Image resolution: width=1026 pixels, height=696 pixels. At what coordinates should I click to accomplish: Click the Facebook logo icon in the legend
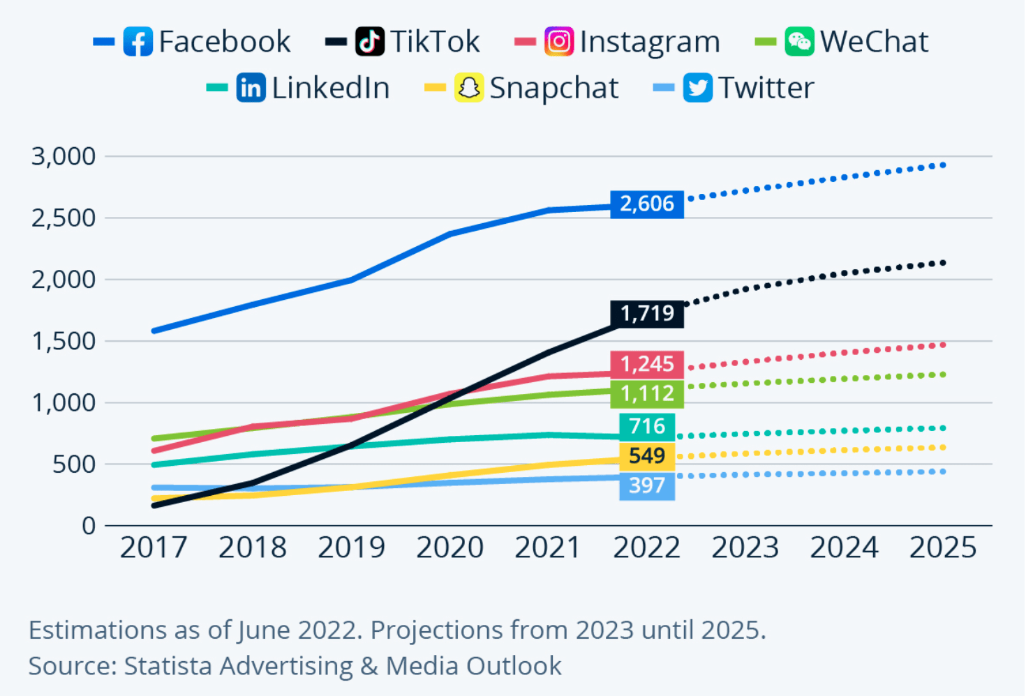pos(137,42)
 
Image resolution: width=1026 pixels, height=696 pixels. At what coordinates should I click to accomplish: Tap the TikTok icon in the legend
pos(370,42)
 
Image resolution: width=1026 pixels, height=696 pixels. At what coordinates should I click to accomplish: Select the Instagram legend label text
pos(650,42)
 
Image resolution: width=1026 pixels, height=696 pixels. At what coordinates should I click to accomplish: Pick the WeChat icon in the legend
pos(798,42)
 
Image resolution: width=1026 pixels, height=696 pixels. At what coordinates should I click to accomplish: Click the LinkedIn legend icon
pos(251,88)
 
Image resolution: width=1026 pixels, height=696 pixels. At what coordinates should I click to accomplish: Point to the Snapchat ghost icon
pos(469,88)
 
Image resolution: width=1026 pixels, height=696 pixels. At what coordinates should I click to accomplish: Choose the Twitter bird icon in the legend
pos(697,88)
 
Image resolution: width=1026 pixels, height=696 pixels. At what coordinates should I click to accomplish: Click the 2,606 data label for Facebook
pos(646,204)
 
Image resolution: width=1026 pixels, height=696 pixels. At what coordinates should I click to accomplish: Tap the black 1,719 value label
pos(646,313)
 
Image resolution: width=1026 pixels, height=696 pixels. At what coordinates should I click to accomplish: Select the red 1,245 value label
pos(646,364)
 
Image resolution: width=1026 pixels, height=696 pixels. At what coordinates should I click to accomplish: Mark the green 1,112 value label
pos(646,394)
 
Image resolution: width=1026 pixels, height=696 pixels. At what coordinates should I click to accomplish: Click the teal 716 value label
pos(646,425)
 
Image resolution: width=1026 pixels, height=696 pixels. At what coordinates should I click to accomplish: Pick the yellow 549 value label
pos(646,455)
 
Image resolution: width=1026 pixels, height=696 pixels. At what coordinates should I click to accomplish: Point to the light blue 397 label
pos(646,485)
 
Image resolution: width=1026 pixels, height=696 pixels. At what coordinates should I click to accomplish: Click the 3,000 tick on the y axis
pos(64,156)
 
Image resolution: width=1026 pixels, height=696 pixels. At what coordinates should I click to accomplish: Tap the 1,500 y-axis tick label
pos(64,341)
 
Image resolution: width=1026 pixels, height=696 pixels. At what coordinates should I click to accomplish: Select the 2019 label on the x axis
pos(351,547)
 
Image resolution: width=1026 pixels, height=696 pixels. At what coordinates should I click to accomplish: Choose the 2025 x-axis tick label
pos(942,547)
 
